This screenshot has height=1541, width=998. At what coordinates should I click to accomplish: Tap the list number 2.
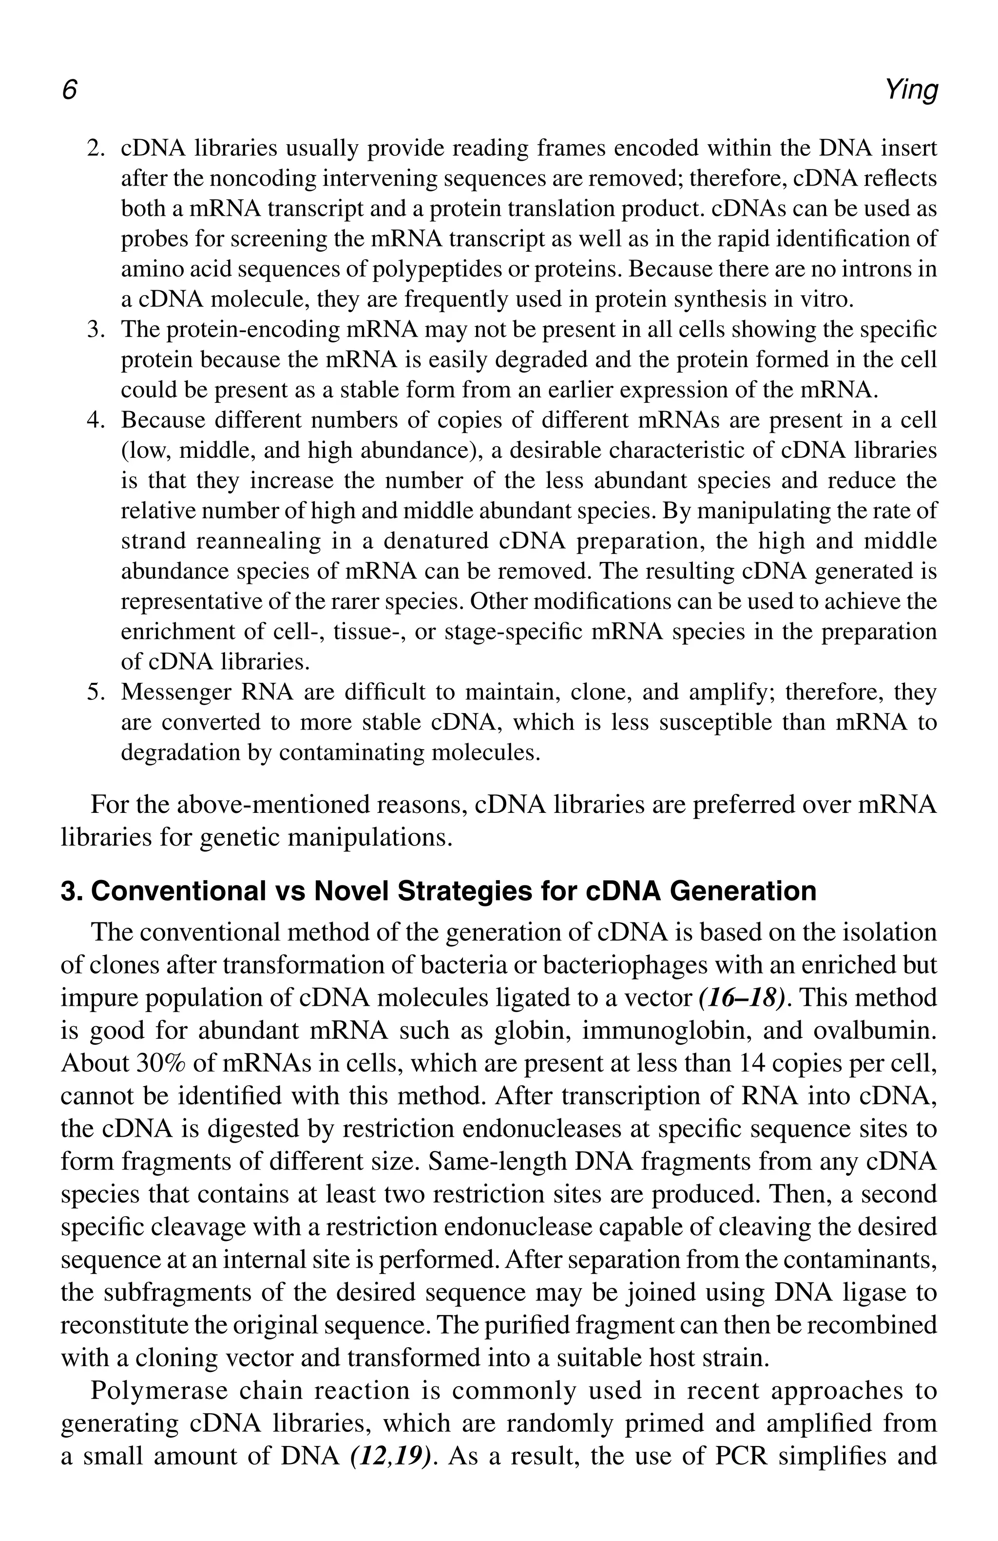(96, 149)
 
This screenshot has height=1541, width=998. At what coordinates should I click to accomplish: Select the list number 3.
(96, 330)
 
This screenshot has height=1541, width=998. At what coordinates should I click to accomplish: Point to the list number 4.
(96, 420)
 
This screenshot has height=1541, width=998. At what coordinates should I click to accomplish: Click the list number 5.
(96, 692)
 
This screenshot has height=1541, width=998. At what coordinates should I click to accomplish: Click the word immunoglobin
(660, 1030)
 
